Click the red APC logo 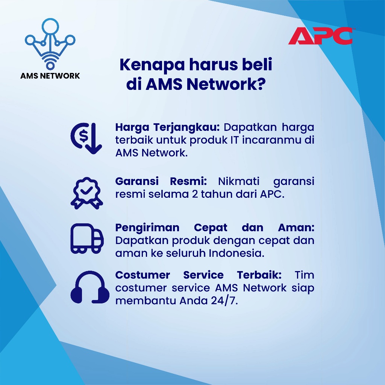pos(320,36)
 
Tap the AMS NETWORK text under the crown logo pos(50,76)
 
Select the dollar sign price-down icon pos(86,138)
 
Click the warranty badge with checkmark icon pos(87,193)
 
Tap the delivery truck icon pos(87,238)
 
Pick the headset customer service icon pos(90,287)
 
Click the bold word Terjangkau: pos(186,127)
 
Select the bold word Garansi pos(137,181)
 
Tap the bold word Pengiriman pos(147,228)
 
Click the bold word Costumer pos(142,275)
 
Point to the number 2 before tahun pos(195,194)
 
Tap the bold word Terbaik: pos(259,275)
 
